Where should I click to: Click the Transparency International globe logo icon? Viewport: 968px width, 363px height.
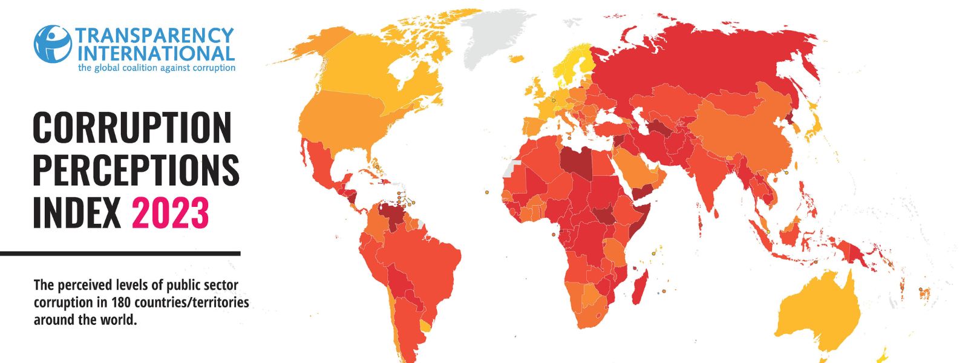pos(53,44)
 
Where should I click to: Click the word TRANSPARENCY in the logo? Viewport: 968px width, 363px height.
pos(154,35)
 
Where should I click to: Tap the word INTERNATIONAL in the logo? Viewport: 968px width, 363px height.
pos(155,53)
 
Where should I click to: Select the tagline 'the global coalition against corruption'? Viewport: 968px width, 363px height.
pos(156,68)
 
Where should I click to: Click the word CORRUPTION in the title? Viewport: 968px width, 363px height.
pos(132,128)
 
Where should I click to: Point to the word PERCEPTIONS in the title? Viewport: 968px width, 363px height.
pos(136,170)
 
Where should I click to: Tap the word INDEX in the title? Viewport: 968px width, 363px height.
pos(77,213)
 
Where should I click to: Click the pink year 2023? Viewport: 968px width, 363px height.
pos(170,213)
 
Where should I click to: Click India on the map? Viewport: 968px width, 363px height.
pos(708,181)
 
